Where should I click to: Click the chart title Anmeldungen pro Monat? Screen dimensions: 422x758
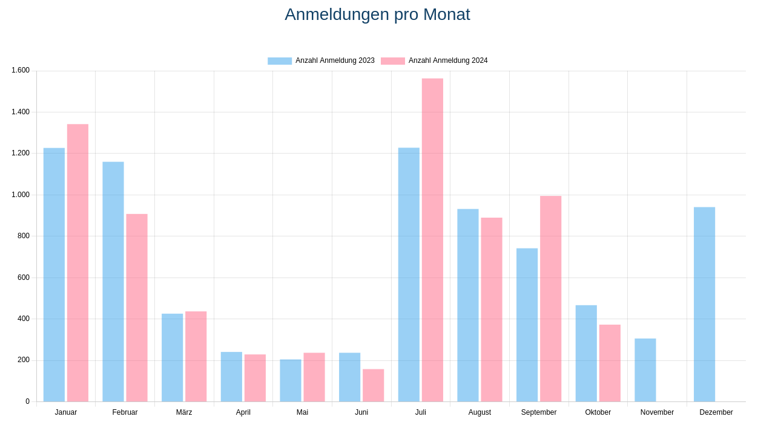[377, 15]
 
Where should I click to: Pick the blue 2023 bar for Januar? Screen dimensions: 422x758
[54, 274]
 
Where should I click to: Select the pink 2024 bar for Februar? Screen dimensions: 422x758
[137, 308]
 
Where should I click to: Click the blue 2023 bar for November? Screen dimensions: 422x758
[645, 370]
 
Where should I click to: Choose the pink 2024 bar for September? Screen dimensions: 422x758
[550, 299]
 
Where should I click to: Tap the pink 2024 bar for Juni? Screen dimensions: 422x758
[373, 385]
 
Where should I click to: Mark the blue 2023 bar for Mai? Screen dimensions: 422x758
[290, 380]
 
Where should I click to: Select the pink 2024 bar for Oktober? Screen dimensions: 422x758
[610, 363]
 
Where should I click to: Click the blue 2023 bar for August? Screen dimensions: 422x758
[467, 305]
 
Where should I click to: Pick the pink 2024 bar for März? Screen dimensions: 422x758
[196, 356]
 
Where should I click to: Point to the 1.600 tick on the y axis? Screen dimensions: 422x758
[21, 70]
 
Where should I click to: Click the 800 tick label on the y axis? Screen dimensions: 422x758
[24, 236]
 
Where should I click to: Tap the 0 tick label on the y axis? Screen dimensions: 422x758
[27, 401]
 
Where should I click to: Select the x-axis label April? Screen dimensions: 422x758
[243, 412]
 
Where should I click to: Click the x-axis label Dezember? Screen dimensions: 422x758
[716, 412]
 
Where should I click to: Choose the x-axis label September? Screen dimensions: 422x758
[539, 412]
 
